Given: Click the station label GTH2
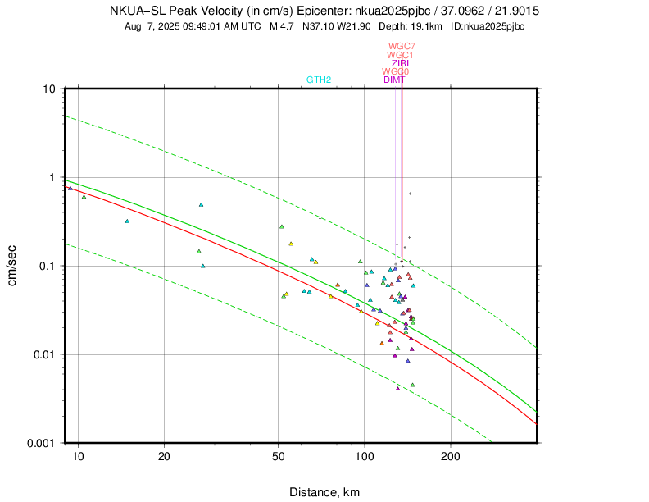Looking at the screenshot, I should tap(319, 80).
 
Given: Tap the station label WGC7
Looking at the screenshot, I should tap(402, 46).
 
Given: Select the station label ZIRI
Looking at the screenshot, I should tap(401, 63).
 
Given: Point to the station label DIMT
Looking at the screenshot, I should tap(394, 80).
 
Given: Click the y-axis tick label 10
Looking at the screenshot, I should tap(48, 89).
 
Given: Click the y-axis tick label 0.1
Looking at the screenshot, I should tap(45, 266).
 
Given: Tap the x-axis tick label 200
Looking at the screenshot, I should tap(450, 456).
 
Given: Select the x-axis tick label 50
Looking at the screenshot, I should tap(279, 456).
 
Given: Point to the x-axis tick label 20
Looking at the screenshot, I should tap(165, 456).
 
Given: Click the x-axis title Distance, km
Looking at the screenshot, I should tap(324, 492).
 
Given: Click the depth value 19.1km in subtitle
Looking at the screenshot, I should tap(424, 26).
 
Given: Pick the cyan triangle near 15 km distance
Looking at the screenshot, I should tap(127, 221).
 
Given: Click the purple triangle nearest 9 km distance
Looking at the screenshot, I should tap(70, 188).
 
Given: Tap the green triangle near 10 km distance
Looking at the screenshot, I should tap(84, 196).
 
